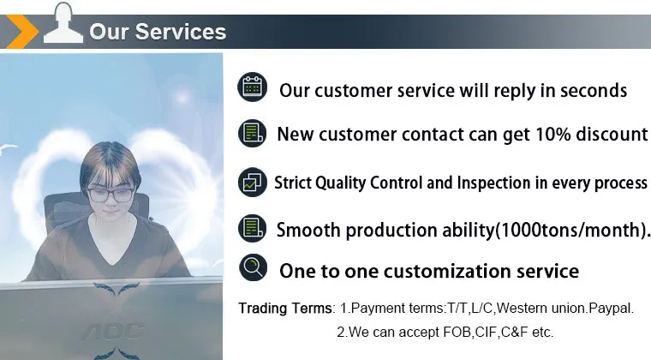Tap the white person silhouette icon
click(63, 23)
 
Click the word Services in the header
click(181, 32)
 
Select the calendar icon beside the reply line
click(253, 87)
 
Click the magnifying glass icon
click(254, 267)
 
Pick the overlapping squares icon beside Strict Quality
click(253, 182)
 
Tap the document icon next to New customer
click(253, 133)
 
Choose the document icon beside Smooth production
click(253, 228)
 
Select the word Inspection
click(493, 183)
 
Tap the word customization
click(447, 271)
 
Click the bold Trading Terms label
click(284, 308)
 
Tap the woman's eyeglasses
click(110, 195)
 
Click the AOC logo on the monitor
click(113, 331)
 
